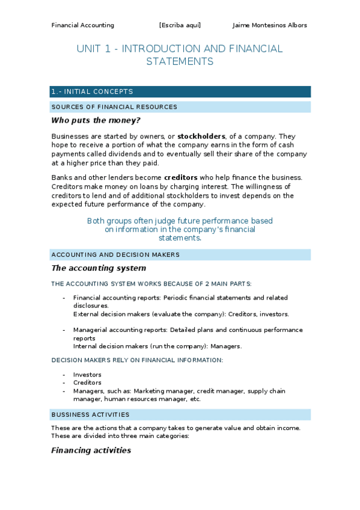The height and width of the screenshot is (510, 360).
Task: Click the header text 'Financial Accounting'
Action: [x=82, y=25]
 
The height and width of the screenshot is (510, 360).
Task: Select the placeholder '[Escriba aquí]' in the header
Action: [x=180, y=25]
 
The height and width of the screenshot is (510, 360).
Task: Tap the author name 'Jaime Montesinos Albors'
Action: [x=269, y=25]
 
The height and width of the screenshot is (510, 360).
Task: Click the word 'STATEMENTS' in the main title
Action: [x=180, y=61]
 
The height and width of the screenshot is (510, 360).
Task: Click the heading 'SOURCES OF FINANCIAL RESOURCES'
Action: [x=114, y=107]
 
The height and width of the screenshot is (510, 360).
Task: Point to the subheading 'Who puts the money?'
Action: [x=96, y=120]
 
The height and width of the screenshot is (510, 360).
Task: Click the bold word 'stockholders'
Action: [x=201, y=137]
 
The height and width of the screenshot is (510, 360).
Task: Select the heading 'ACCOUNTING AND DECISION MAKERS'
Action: [x=115, y=254]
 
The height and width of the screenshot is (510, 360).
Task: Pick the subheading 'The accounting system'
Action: [x=99, y=268]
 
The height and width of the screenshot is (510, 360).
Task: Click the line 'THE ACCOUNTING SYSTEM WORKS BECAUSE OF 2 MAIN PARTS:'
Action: [x=151, y=283]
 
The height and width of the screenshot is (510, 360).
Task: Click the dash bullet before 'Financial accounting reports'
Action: [x=64, y=298]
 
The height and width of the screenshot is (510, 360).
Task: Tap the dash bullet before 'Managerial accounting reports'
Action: [x=64, y=330]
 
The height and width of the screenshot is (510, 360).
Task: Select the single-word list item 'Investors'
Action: [x=87, y=375]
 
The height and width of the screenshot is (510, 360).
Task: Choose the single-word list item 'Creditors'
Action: [x=87, y=382]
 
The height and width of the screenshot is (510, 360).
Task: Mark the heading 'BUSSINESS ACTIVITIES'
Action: [x=90, y=415]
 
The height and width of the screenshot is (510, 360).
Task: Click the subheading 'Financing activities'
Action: [x=91, y=450]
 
